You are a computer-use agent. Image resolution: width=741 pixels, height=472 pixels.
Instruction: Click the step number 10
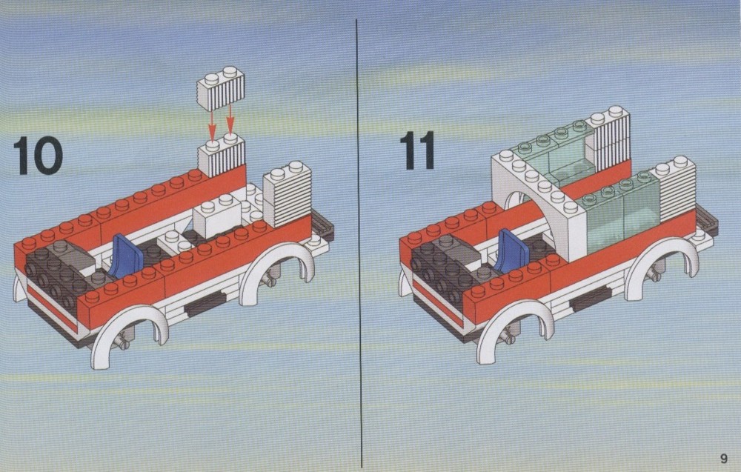pyautogui.click(x=38, y=156)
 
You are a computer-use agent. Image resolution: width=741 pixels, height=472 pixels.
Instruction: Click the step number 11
pyautogui.click(x=416, y=150)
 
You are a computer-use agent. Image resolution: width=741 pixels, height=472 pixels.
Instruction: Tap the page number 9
pyautogui.click(x=723, y=459)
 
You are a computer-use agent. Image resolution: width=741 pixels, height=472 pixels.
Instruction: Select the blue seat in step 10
pyautogui.click(x=126, y=256)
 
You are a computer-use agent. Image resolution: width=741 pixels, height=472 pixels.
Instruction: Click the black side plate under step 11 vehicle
pyautogui.click(x=591, y=299)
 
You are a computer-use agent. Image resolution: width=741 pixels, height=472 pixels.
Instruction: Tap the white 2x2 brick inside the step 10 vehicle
pyautogui.click(x=217, y=216)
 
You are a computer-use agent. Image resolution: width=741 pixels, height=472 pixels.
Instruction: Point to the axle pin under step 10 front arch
pyautogui.click(x=124, y=340)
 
